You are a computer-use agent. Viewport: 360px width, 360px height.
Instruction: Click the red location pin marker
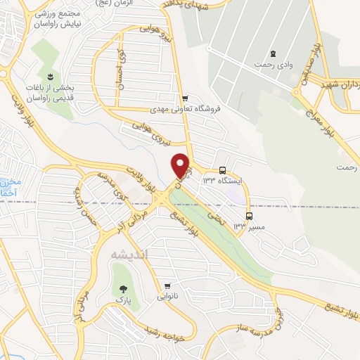(x=181, y=165)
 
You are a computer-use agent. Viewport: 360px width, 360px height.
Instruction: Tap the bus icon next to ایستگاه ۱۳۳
(x=222, y=170)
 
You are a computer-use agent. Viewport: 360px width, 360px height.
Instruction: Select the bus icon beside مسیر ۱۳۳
(x=248, y=216)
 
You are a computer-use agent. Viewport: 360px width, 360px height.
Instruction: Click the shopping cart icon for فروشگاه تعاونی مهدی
(x=184, y=98)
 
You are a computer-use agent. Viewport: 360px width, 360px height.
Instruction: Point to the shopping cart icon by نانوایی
(x=167, y=286)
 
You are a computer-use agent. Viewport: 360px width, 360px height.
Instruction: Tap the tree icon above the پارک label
(x=124, y=288)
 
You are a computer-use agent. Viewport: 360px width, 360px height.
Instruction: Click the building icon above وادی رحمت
(x=274, y=54)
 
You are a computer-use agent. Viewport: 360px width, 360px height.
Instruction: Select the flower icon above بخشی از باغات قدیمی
(x=50, y=76)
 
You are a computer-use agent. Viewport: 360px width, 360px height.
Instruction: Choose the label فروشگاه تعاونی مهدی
(x=185, y=110)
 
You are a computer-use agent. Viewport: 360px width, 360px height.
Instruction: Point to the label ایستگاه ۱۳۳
(x=222, y=181)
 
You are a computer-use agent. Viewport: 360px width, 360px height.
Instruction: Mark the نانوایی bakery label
(x=167, y=297)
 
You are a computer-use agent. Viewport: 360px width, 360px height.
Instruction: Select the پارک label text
(x=124, y=300)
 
